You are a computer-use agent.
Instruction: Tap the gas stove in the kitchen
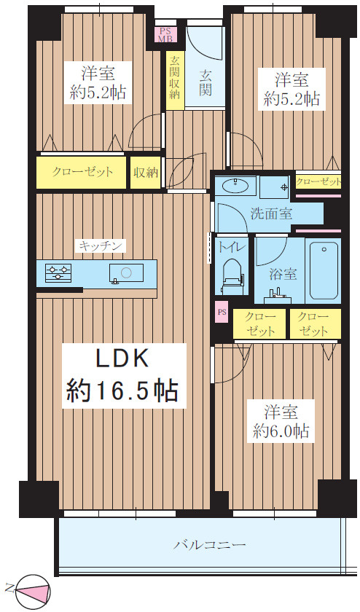[58, 272]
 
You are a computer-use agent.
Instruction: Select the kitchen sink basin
[127, 272]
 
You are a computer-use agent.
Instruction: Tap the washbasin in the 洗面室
[236, 186]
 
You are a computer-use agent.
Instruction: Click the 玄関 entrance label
[206, 82]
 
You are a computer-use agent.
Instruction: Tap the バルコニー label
[210, 545]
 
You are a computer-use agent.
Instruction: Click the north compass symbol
[34, 589]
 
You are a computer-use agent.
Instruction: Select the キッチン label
[101, 246]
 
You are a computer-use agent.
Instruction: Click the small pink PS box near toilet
[222, 313]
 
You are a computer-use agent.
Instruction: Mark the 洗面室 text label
[271, 213]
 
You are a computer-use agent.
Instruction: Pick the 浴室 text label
[283, 274]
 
